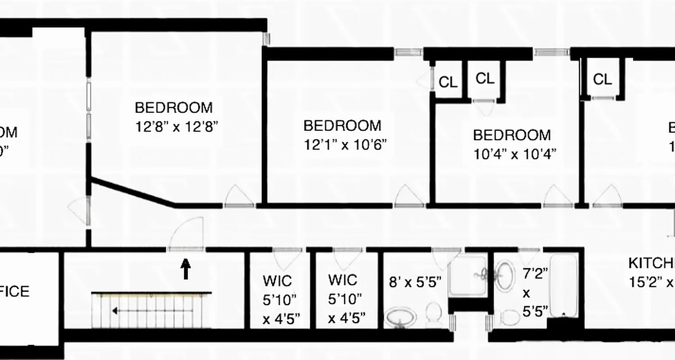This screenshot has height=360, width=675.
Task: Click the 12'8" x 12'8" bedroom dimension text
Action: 177,127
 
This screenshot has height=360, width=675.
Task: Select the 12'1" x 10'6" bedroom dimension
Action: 345,144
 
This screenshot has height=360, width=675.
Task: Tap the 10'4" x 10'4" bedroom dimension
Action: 515,154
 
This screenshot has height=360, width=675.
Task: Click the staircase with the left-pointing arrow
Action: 151,310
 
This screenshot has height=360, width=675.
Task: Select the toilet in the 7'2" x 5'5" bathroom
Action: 508,317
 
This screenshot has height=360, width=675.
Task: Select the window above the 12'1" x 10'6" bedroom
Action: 408,53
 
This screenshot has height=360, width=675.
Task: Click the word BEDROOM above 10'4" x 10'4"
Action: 512,135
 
